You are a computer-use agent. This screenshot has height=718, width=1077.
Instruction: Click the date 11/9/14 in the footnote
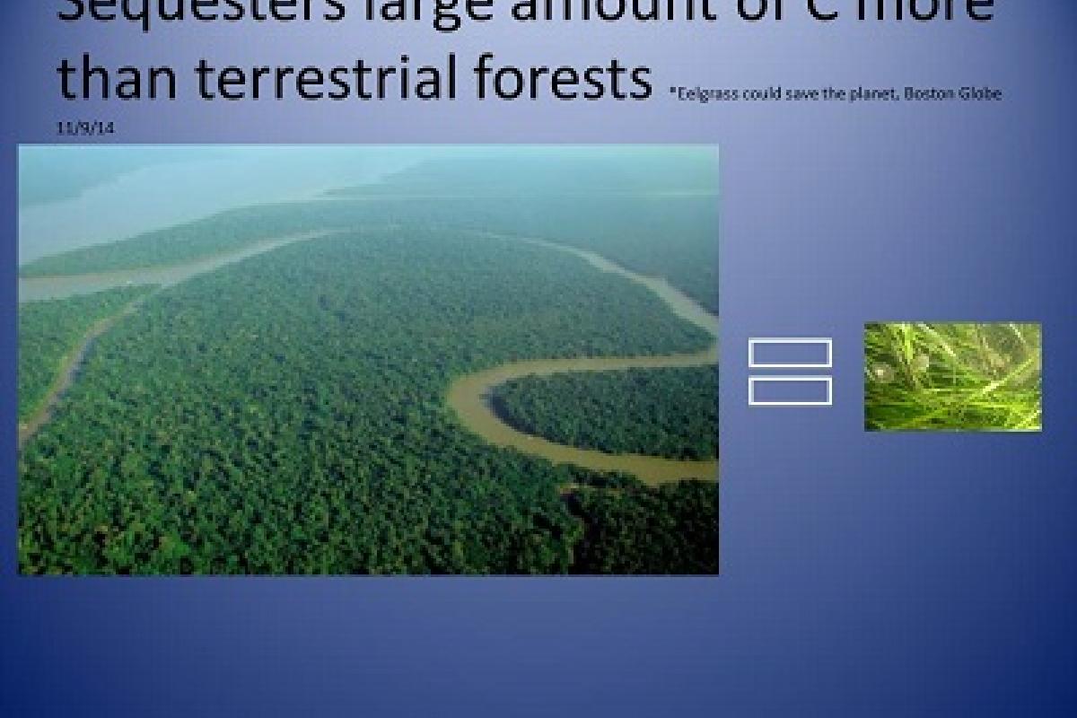[85, 128]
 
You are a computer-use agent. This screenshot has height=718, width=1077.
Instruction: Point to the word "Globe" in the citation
[978, 94]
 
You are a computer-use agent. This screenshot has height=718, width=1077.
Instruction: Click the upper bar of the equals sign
[790, 353]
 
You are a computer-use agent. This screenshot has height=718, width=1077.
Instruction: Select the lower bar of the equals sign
[790, 391]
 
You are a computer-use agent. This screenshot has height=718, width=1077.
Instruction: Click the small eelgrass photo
[952, 377]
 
